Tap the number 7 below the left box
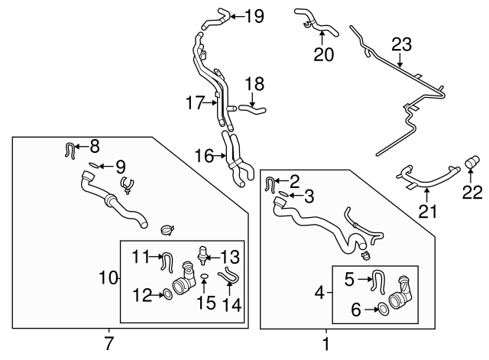pyautogui.click(x=108, y=343)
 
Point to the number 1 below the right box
pyautogui.click(x=326, y=344)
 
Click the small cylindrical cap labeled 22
pyautogui.click(x=471, y=162)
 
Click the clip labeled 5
pyautogui.click(x=377, y=281)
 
